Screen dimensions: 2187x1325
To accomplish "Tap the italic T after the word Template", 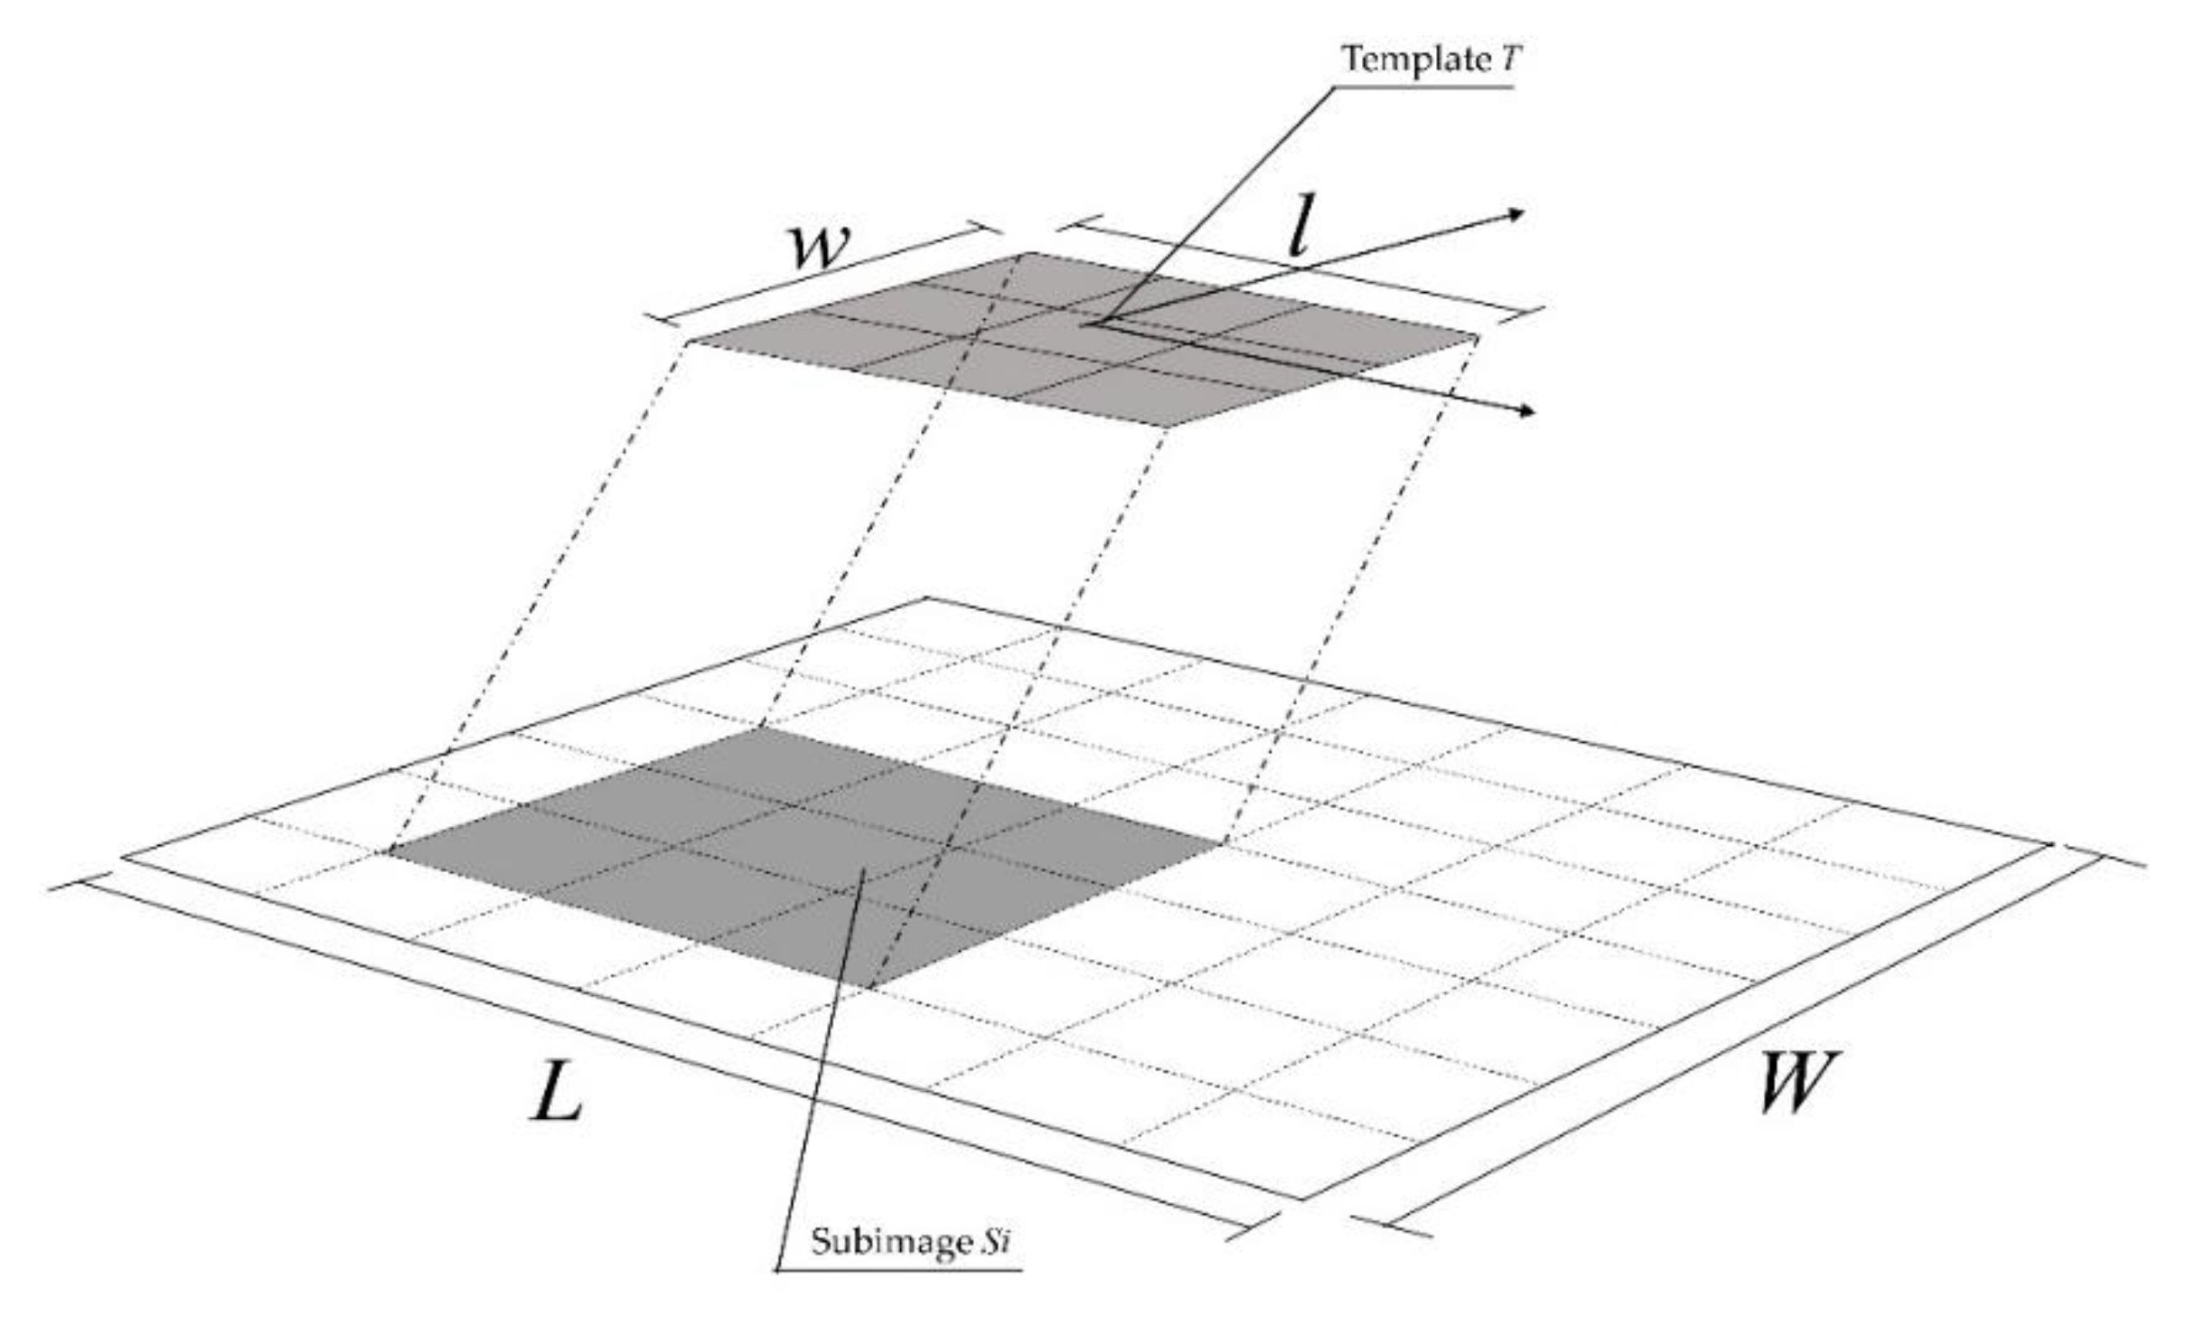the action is tap(1510, 60).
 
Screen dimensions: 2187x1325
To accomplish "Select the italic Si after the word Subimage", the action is tap(995, 1241).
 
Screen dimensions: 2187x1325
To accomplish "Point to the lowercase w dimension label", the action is tap(819, 245).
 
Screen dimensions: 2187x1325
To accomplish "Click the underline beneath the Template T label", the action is tap(1423, 87).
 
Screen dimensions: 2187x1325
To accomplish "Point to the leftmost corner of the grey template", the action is tap(689, 343).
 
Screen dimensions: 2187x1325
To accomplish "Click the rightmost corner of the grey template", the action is tap(1478, 337).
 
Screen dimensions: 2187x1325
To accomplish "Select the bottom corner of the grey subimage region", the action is tap(870, 988).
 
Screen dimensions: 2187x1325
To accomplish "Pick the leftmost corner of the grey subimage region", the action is tap(389, 850).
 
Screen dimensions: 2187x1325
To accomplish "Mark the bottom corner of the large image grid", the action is tap(1304, 1199).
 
